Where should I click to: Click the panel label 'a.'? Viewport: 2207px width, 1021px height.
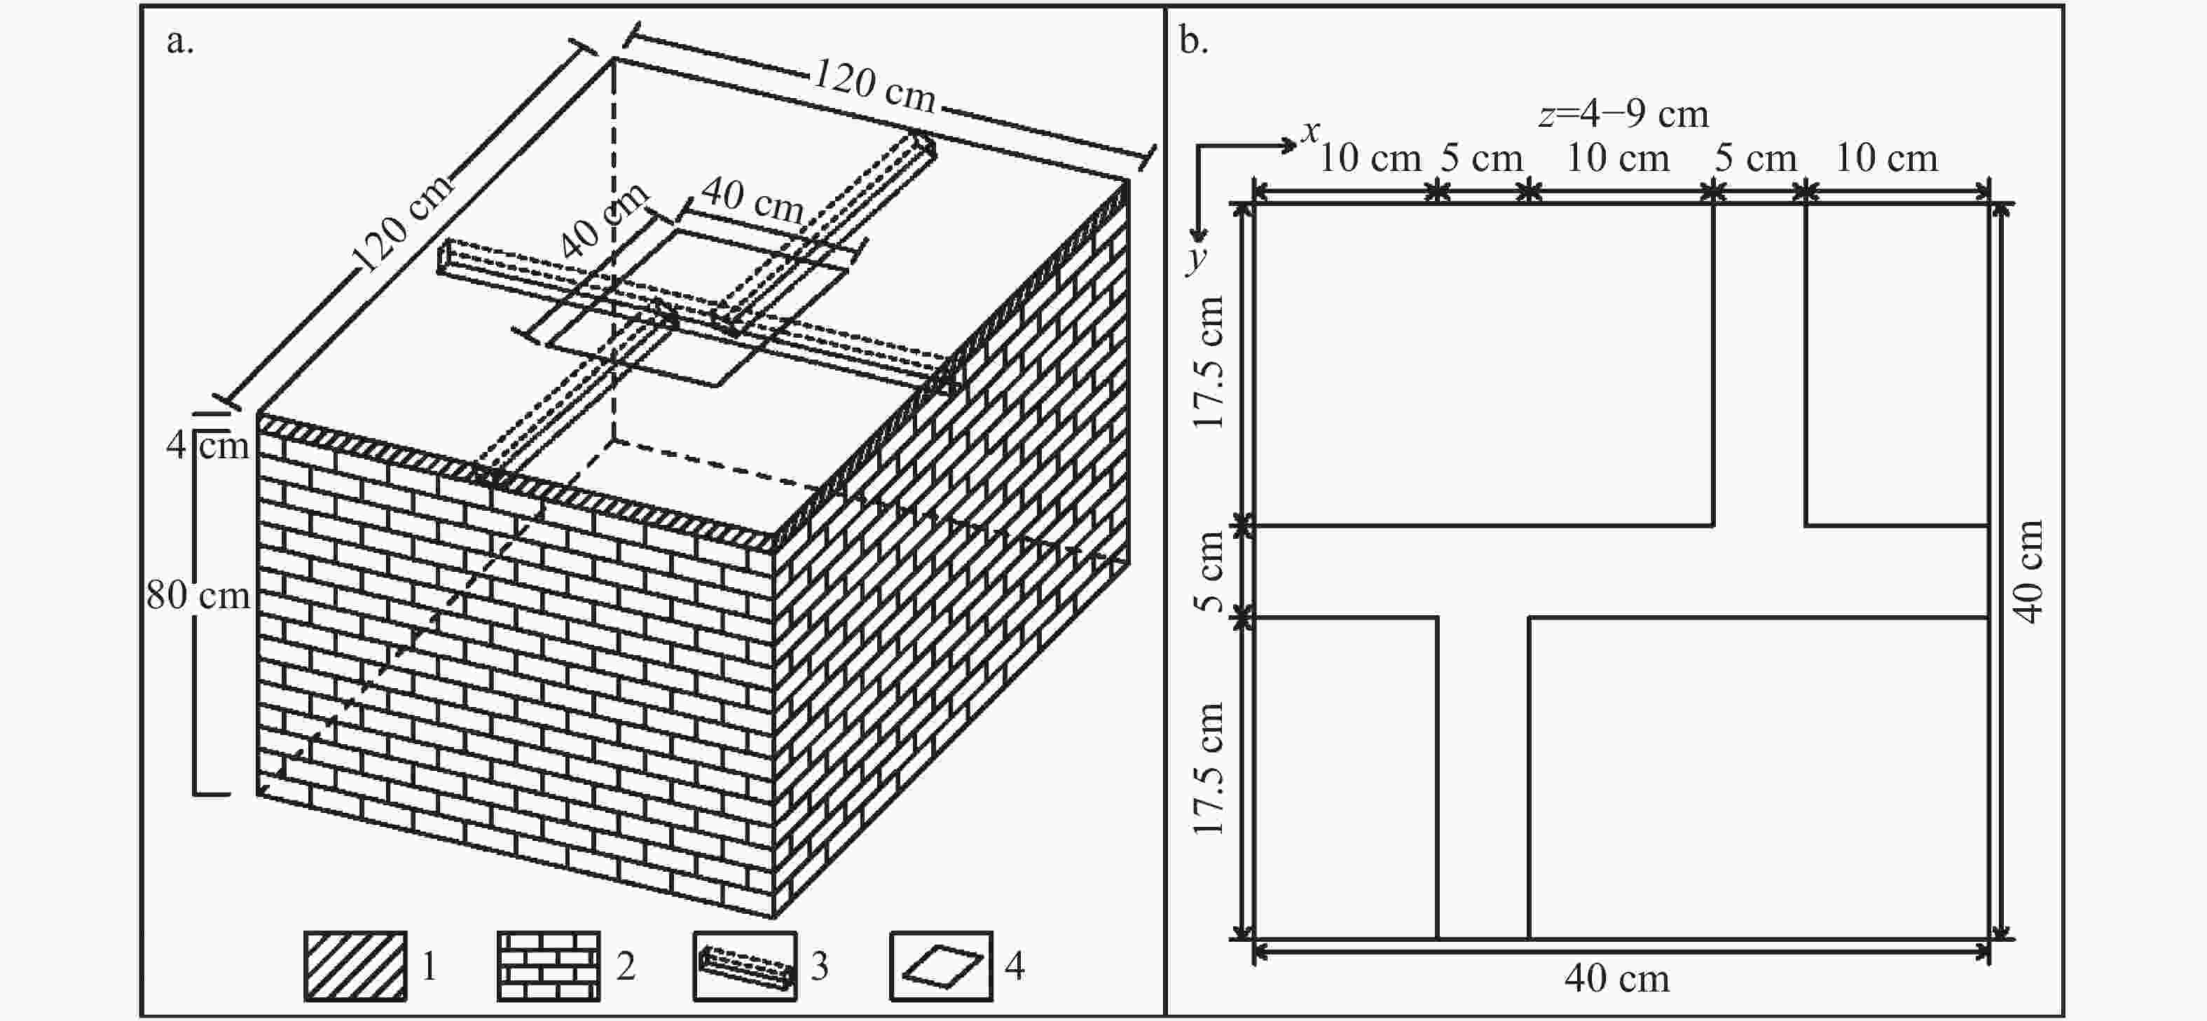180,41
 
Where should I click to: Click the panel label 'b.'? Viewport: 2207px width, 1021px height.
1193,41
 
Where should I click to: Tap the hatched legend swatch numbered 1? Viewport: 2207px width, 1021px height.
355,966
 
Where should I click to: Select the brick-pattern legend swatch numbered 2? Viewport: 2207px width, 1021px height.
549,966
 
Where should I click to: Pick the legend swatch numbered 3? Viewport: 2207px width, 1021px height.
745,966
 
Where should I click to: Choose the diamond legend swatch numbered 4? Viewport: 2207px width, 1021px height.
941,966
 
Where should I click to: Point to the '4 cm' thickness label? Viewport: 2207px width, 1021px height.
208,444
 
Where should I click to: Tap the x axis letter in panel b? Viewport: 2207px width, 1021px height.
1310,131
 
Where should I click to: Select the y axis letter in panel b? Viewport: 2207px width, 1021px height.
1196,257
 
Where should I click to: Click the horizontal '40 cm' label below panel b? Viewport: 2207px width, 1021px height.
1616,978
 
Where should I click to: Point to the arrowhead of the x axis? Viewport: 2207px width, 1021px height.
1289,146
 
